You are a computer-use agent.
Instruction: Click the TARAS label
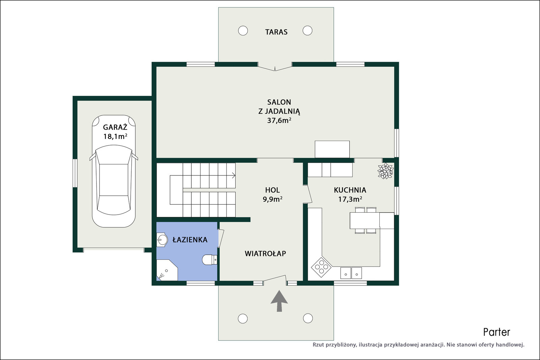point(276,32)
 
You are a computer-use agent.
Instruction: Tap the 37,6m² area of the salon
point(279,120)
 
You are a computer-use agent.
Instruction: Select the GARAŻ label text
point(115,127)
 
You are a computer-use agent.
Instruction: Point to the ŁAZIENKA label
point(190,240)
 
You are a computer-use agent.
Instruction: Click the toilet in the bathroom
point(210,259)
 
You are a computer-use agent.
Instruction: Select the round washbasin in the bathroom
point(162,240)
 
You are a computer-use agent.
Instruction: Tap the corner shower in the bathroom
point(167,270)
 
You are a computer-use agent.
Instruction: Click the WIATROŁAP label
point(265,253)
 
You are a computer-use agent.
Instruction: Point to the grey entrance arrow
point(279,301)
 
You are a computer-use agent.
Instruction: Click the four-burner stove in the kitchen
point(321,267)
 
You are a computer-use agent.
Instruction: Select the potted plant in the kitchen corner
point(385,171)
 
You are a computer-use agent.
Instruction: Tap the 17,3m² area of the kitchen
point(350,199)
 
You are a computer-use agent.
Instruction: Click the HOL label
point(272,190)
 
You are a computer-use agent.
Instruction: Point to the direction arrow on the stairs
point(233,175)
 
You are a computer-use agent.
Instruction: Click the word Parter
point(496,332)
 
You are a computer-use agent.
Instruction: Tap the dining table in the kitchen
point(365,220)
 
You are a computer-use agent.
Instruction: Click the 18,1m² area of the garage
point(115,136)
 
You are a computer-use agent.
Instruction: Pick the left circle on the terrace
point(243,31)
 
